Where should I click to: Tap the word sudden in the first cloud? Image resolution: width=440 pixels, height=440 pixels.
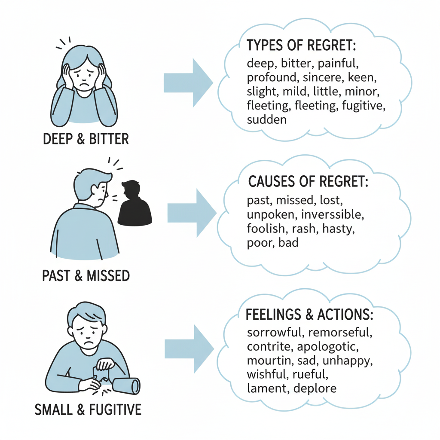266,119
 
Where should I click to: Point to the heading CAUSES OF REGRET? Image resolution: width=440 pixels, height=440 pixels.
308,181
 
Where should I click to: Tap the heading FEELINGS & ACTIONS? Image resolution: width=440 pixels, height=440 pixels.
309,315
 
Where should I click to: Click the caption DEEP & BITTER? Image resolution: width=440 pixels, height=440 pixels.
86,139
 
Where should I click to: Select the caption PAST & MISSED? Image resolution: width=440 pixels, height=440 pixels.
86,275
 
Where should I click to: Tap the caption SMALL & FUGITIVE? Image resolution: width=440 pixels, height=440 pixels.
88,409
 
